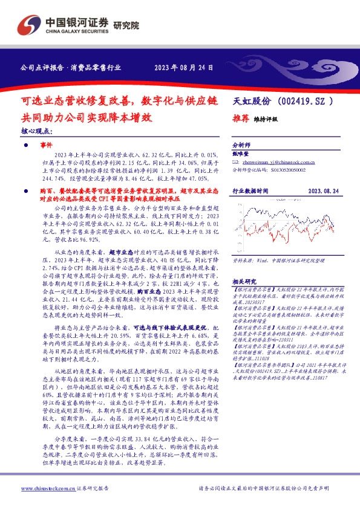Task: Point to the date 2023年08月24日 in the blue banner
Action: coord(184,68)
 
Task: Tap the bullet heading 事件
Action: coord(46,146)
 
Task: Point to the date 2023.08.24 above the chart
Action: coord(323,190)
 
